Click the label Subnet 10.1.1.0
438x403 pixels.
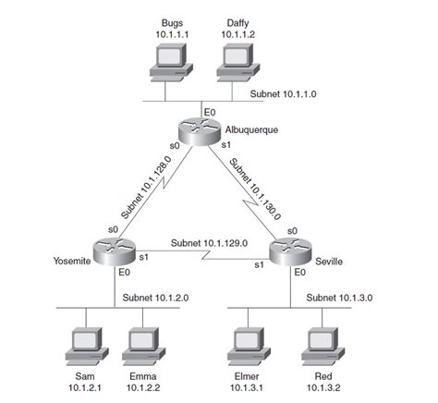(286, 94)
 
